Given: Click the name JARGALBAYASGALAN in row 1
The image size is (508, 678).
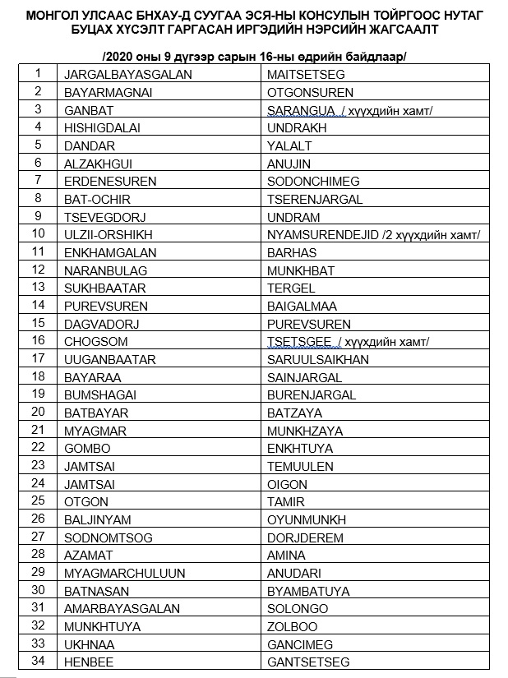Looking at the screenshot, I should point(127,74).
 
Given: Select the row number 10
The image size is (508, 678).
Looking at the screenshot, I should point(38,233).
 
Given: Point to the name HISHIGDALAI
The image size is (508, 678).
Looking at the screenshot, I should point(102,127).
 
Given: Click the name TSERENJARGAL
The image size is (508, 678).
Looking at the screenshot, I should point(314,199).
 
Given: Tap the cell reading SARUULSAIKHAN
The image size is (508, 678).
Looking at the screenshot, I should point(317,359).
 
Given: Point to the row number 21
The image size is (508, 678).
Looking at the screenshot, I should point(38,429).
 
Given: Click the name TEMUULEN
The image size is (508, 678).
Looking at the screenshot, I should point(300,466).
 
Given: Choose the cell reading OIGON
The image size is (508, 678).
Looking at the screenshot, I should point(287,484).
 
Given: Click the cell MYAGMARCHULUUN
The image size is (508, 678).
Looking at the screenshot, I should point(124,573).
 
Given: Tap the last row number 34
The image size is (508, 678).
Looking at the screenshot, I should point(38,661).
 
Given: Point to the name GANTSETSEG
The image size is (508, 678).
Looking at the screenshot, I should point(308,662).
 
